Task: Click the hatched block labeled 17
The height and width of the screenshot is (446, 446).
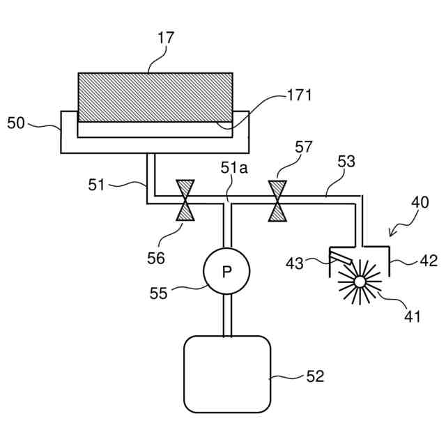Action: pyautogui.click(x=155, y=97)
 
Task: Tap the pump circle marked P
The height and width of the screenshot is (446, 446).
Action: pyautogui.click(x=226, y=272)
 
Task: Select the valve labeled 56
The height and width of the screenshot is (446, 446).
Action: pyautogui.click(x=186, y=201)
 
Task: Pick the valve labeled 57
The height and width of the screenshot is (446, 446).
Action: pyautogui.click(x=278, y=201)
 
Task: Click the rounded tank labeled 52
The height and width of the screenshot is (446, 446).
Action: pyautogui.click(x=226, y=374)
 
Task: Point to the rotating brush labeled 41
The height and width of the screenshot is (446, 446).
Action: pyautogui.click(x=360, y=282)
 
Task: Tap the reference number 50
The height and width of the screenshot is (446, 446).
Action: pyautogui.click(x=16, y=123)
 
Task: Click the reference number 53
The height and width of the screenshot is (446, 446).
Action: pyautogui.click(x=346, y=162)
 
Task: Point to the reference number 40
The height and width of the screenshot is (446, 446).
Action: pyautogui.click(x=420, y=203)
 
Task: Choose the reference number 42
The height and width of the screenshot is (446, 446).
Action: pyautogui.click(x=429, y=261)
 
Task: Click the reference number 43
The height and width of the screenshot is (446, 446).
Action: pyautogui.click(x=295, y=263)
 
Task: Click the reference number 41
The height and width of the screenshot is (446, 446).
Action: pyautogui.click(x=413, y=316)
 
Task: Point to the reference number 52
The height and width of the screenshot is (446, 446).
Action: pyautogui.click(x=315, y=376)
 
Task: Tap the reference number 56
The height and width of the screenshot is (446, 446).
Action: pyautogui.click(x=156, y=258)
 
